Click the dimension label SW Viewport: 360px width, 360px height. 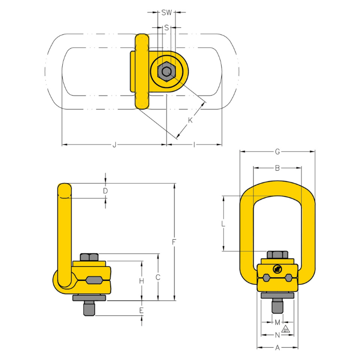(x=167, y=12)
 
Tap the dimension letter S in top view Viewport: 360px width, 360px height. (x=167, y=28)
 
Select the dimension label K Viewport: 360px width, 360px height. (x=190, y=120)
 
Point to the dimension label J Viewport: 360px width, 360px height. (x=114, y=145)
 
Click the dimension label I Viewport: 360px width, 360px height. (x=194, y=145)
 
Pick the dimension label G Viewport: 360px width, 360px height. (x=277, y=152)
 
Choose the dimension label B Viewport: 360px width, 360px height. (x=277, y=168)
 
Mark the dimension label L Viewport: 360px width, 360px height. (x=223, y=224)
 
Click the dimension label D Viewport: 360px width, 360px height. (x=105, y=191)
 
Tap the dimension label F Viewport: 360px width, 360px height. (x=175, y=241)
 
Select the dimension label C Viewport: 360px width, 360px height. (x=158, y=277)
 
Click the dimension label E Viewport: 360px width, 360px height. (x=141, y=310)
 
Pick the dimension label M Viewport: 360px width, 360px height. (x=277, y=322)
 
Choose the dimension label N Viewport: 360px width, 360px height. (x=277, y=334)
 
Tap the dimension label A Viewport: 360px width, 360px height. (x=277, y=348)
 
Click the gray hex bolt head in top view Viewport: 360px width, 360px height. (x=166, y=72)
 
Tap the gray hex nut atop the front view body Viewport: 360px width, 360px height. (x=277, y=255)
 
